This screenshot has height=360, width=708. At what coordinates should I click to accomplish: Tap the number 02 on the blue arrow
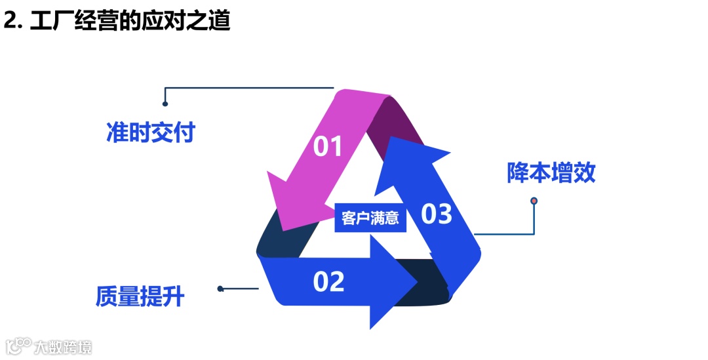click(328, 281)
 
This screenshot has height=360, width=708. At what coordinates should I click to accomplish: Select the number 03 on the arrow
click(437, 214)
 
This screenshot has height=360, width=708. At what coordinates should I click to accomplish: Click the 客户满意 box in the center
click(370, 218)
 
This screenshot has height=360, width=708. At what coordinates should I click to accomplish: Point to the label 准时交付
click(151, 132)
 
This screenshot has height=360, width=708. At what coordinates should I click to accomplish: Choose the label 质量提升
click(140, 297)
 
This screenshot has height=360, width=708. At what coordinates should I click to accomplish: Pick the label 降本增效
click(551, 172)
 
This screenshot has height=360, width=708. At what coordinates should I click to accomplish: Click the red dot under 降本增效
click(534, 201)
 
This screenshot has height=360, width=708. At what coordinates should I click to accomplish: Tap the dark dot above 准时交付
click(165, 103)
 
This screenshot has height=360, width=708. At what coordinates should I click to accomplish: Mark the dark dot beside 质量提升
click(220, 289)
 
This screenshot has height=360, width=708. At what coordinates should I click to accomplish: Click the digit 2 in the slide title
click(10, 21)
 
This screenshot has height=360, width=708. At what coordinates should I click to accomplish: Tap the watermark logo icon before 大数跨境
click(19, 346)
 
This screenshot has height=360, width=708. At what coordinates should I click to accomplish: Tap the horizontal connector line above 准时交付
click(249, 87)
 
